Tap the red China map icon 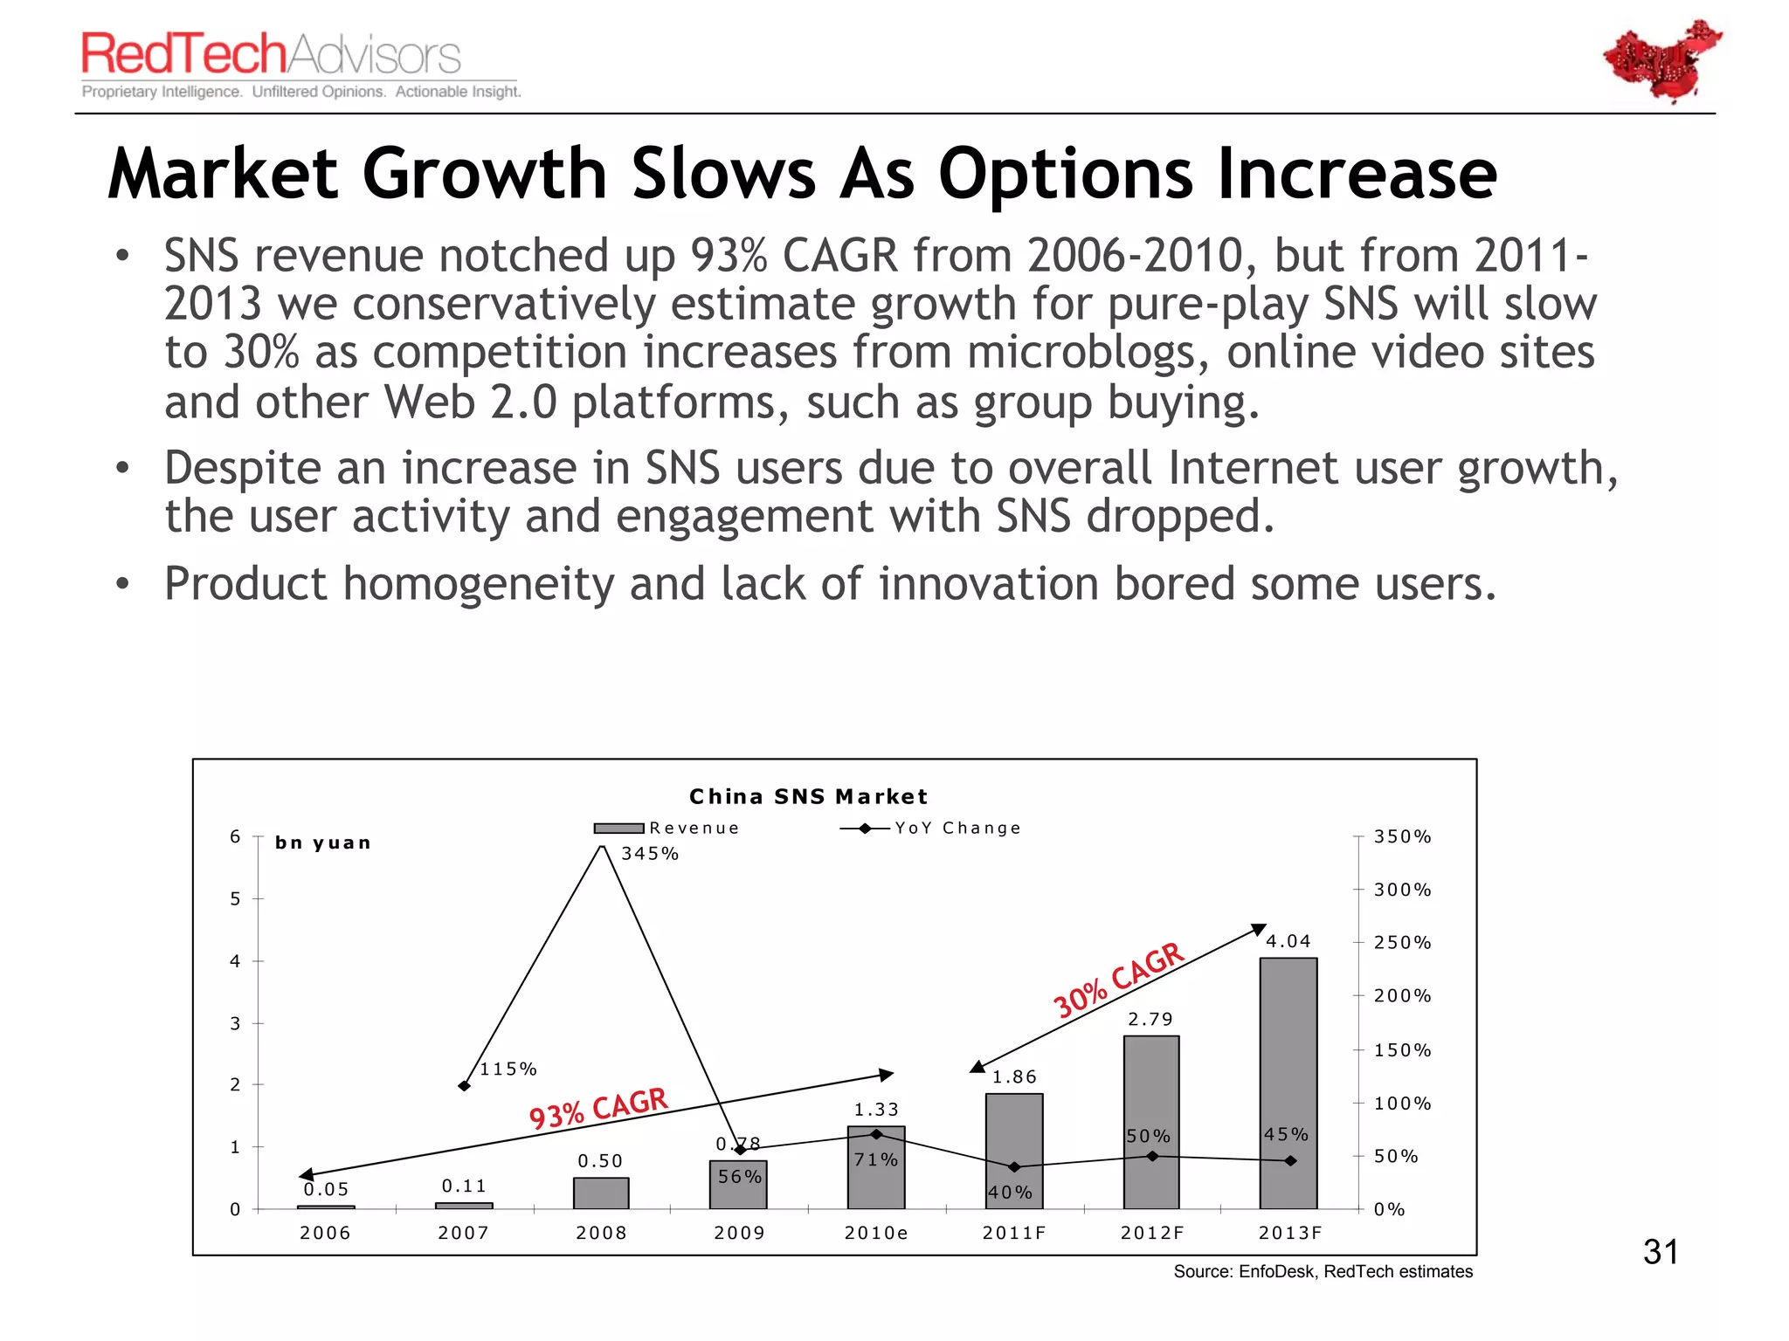(1661, 61)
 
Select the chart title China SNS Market (808, 796)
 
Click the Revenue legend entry (668, 828)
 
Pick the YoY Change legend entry (931, 828)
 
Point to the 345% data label (649, 854)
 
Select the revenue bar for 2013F (1288, 1083)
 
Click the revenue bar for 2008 (601, 1193)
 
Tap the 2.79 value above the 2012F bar (1150, 1019)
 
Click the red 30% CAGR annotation (1118, 980)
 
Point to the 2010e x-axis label (876, 1233)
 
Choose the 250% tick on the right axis (1402, 942)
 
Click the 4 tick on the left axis (234, 961)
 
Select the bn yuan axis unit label (323, 842)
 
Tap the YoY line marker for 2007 (465, 1086)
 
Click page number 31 (1661, 1252)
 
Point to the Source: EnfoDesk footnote (1323, 1271)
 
